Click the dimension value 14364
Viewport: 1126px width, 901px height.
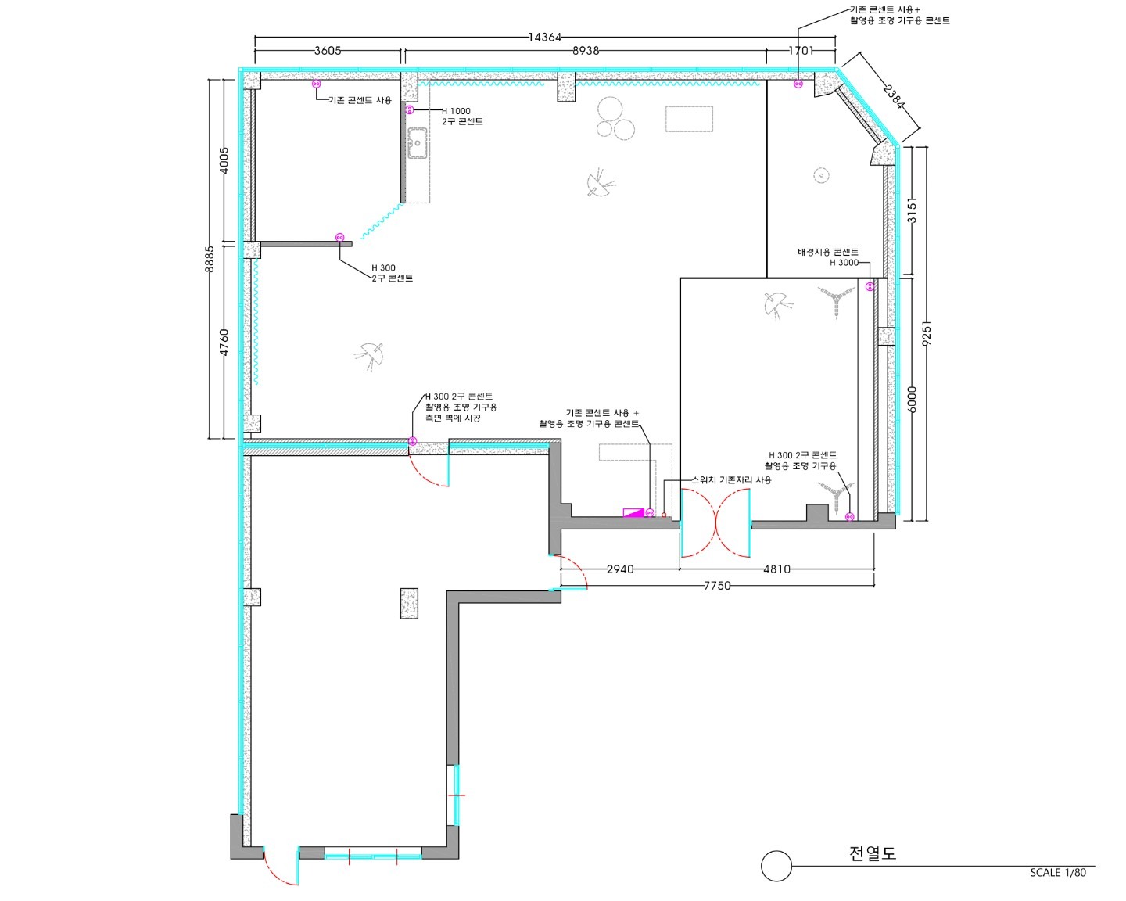point(545,38)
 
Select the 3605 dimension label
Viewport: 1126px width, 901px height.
point(328,50)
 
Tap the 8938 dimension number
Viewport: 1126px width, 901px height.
point(586,50)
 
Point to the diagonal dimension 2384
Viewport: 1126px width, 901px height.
point(893,97)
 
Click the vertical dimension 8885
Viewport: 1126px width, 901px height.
point(210,259)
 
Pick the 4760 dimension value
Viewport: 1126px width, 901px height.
point(224,343)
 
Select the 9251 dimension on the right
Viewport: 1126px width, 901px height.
point(927,333)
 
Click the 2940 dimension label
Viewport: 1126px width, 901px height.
point(620,569)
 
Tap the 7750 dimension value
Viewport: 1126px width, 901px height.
point(717,586)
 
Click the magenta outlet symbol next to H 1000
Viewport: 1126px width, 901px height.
point(411,110)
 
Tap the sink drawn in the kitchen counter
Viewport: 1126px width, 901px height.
point(418,143)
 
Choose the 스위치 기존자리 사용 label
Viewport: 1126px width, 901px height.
point(731,480)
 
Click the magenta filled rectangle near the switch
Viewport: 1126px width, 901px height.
point(633,512)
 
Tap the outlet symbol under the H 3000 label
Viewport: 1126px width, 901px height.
point(870,286)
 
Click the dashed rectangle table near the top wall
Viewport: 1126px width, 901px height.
point(689,120)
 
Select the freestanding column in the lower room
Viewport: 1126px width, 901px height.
point(409,604)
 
